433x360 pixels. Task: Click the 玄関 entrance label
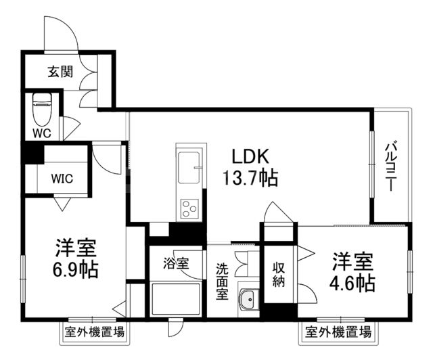click(x=60, y=71)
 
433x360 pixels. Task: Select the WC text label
click(x=43, y=133)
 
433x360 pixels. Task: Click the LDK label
click(x=251, y=157)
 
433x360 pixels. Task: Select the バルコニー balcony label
click(x=392, y=166)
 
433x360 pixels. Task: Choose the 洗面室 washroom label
click(x=222, y=280)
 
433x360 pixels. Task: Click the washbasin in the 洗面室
click(x=248, y=298)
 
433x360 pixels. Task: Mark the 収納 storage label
click(x=279, y=274)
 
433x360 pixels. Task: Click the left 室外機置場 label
click(x=95, y=332)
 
